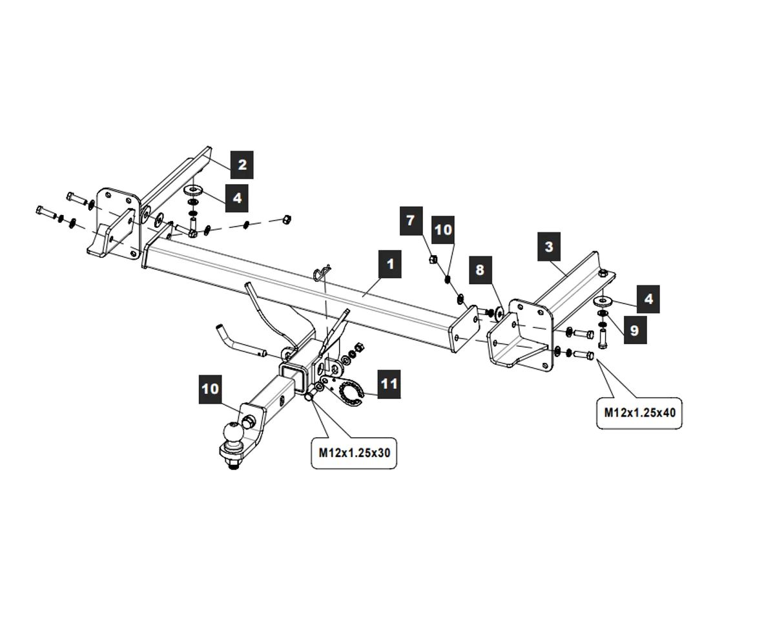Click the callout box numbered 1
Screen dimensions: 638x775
coord(390,265)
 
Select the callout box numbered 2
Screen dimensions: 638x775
coord(242,165)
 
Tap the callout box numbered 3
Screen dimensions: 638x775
coord(549,247)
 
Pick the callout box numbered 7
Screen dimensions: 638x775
coord(411,221)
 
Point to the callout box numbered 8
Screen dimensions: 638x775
coord(479,269)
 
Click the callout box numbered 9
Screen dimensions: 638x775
coord(634,331)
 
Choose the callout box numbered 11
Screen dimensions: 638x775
coord(389,384)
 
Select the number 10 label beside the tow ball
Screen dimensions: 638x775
coord(211,389)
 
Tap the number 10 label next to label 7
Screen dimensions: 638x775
coord(443,230)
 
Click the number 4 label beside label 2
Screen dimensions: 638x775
coord(236,198)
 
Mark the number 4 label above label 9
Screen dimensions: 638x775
coord(648,300)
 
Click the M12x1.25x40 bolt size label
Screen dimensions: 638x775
coord(639,412)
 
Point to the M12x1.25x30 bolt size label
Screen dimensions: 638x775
coord(354,453)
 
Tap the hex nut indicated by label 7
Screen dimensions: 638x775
coord(434,260)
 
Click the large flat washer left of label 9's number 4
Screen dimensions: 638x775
coord(603,301)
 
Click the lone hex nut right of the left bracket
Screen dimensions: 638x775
coord(287,220)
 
